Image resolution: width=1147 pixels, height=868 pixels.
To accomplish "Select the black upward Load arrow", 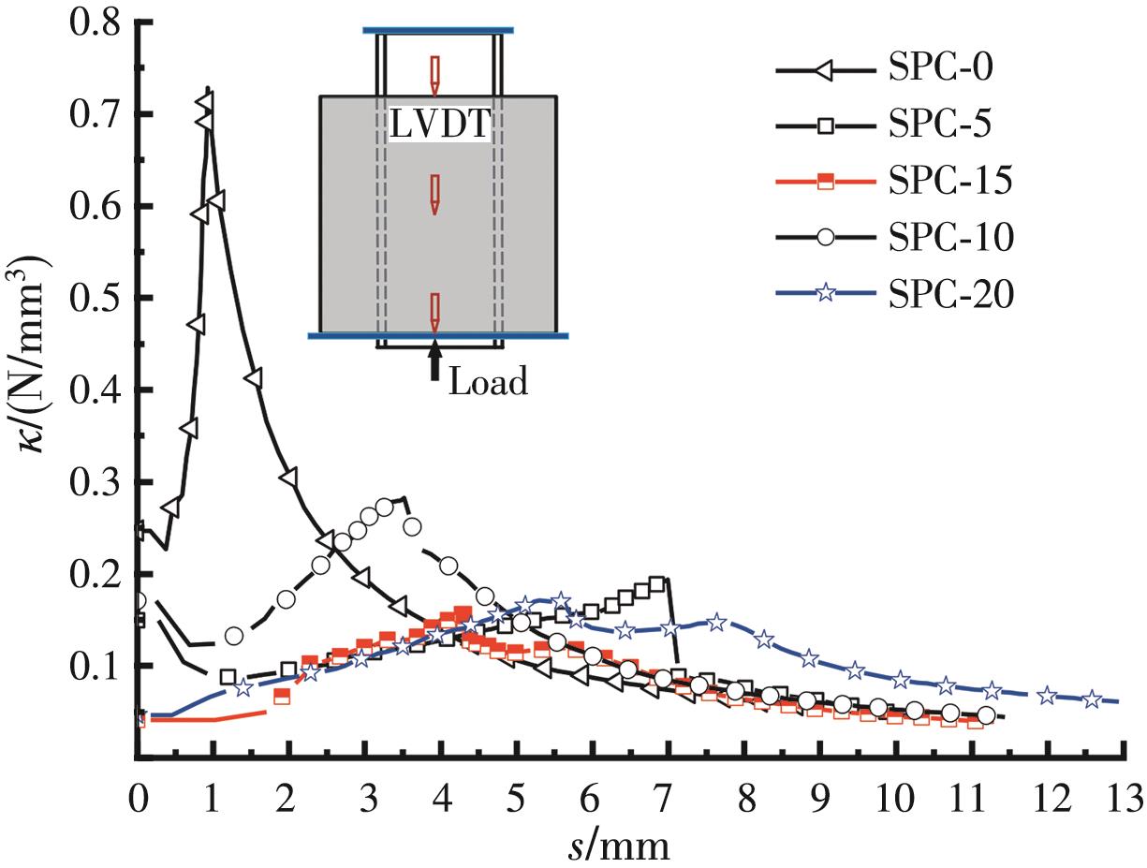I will [x=434, y=361].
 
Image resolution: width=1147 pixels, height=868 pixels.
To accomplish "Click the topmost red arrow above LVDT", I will [x=434, y=74].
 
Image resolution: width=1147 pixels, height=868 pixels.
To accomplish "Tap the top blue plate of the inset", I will [x=438, y=31].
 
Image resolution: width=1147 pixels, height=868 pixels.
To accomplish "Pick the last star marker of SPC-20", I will [x=1092, y=699].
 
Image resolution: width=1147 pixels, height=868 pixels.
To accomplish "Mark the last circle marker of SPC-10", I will [x=985, y=716].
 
